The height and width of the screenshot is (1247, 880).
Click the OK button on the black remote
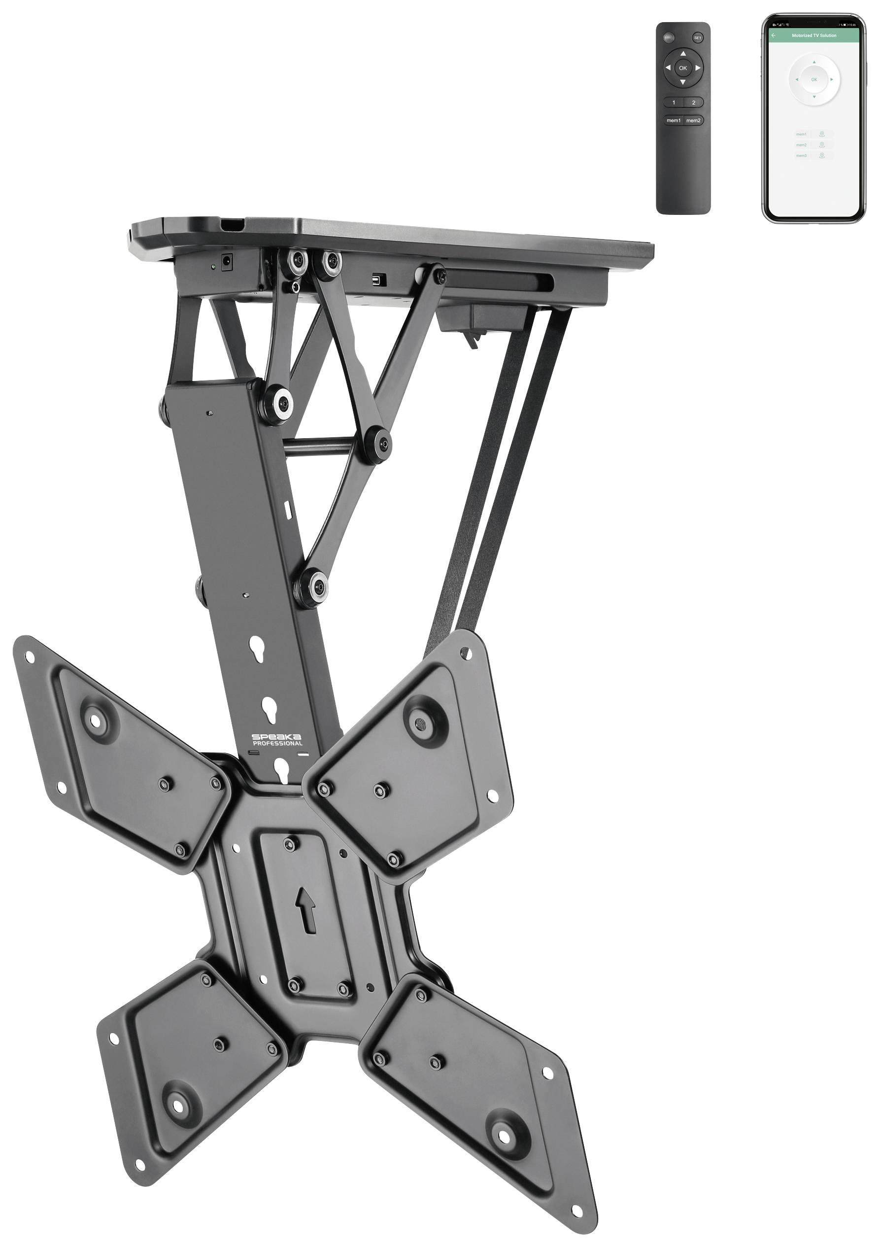[682, 68]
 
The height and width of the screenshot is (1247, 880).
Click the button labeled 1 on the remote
[674, 102]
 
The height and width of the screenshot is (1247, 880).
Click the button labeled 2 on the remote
[693, 102]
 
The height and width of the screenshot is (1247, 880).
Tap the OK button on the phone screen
[814, 79]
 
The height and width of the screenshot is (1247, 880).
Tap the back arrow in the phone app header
[774, 35]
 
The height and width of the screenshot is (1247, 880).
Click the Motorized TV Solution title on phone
[814, 35]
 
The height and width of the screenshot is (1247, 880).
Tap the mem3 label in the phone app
[801, 156]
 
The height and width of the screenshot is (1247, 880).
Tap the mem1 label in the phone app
[801, 134]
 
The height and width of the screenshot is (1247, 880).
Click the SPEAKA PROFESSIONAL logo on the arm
[277, 740]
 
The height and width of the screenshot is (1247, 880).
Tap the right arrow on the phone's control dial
[831, 79]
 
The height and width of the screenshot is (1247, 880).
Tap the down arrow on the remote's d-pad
[682, 82]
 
